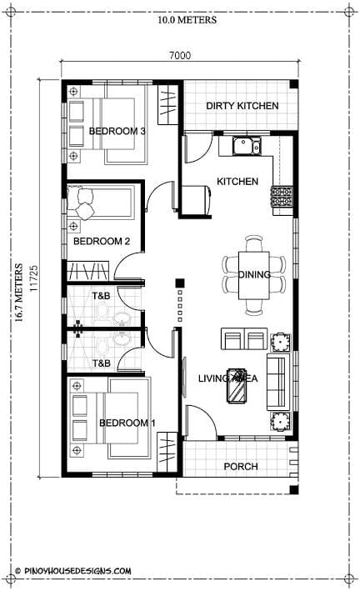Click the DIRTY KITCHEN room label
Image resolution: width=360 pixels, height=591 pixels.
click(242, 106)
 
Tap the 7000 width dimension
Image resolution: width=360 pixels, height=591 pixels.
click(179, 55)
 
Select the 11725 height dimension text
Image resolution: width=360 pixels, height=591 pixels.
click(33, 278)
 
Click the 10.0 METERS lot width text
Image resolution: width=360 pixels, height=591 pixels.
click(187, 20)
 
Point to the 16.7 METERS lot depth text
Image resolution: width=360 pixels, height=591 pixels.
click(18, 293)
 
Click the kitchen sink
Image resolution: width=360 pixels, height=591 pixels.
click(247, 146)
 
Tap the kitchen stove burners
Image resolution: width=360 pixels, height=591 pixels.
click(282, 197)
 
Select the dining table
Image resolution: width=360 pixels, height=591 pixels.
click(254, 275)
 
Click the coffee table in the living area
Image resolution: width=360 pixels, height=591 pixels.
click(237, 386)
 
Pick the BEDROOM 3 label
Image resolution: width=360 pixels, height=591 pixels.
click(117, 131)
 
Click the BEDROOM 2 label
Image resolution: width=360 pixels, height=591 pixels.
click(102, 241)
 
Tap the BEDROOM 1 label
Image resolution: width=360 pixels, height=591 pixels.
click(127, 423)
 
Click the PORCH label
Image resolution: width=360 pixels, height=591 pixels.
click(241, 467)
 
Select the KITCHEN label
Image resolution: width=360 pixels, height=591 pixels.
click(237, 182)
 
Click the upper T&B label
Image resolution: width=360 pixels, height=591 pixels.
click(102, 296)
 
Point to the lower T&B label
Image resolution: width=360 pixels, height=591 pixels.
click(102, 363)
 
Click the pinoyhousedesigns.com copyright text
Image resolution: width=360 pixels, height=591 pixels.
click(73, 571)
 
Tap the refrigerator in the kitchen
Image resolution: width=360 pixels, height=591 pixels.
click(197, 200)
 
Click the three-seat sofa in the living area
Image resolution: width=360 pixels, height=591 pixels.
click(278, 382)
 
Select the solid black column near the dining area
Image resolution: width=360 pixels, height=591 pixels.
click(180, 283)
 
